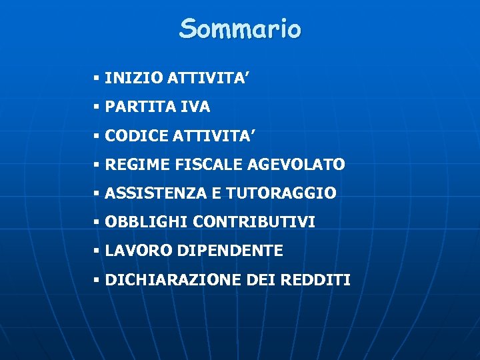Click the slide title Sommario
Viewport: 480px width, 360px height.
pos(240,29)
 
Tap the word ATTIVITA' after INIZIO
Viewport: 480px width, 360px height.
pos(198,78)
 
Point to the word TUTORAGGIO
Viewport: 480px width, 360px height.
pos(281,193)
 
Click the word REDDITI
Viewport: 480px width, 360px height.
pos(315,280)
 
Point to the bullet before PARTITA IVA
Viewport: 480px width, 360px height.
pos(97,107)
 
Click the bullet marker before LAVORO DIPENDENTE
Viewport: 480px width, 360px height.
pos(97,251)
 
